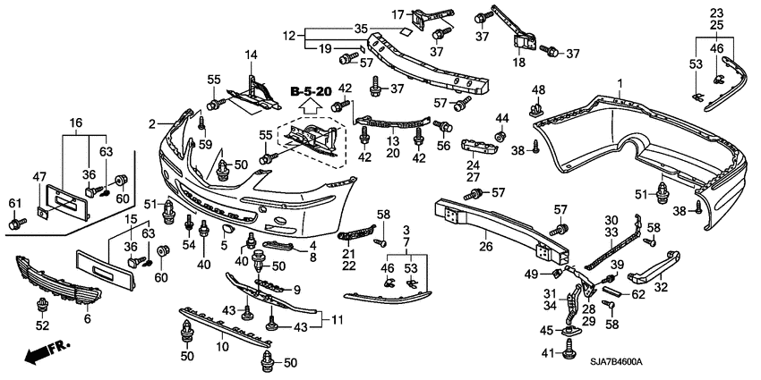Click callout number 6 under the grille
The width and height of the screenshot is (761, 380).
[87, 317]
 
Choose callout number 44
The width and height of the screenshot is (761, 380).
[501, 118]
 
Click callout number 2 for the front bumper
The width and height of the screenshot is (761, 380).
[153, 123]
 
